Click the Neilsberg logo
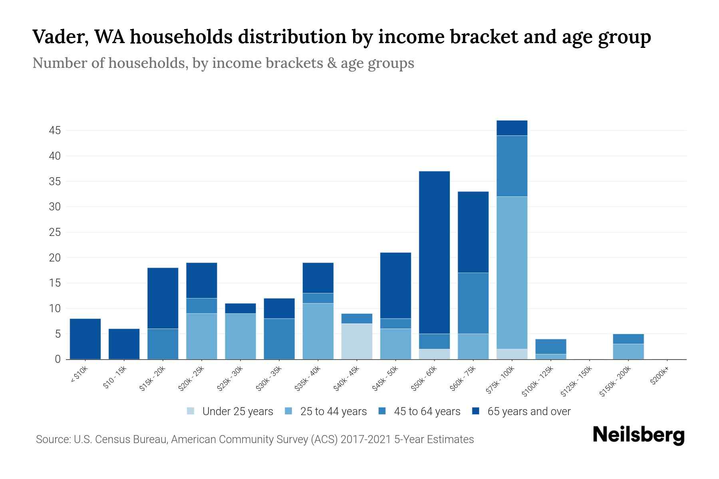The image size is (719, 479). [638, 435]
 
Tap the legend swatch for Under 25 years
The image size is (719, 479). [191, 411]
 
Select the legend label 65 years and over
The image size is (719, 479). [528, 412]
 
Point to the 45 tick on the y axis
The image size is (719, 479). [55, 131]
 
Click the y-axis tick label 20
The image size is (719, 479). [55, 258]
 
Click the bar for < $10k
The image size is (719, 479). [85, 339]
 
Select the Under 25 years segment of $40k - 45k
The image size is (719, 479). [357, 341]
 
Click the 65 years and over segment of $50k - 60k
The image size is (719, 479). [434, 252]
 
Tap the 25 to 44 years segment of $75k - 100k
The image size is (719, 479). [512, 273]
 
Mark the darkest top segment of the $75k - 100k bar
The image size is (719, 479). [512, 128]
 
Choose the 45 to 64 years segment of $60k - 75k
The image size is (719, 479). [473, 303]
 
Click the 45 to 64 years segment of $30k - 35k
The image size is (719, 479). [279, 339]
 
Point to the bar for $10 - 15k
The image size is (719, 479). [124, 344]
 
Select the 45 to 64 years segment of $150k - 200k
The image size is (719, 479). [628, 339]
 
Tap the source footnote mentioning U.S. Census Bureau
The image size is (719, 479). [254, 439]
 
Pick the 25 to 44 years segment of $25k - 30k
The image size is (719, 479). [240, 336]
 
